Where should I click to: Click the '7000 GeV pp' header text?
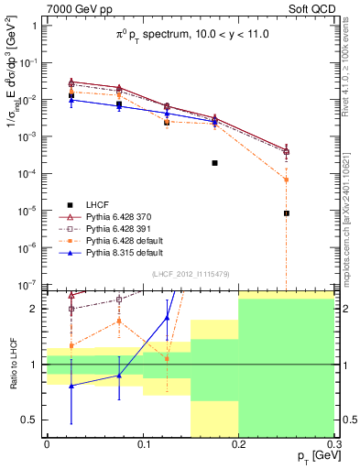(x=75, y=7)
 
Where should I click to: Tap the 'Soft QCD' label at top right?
(x=308, y=7)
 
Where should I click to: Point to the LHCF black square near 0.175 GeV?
(x=214, y=162)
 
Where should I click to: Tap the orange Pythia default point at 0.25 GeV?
(x=287, y=180)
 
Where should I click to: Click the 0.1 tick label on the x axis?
(x=142, y=444)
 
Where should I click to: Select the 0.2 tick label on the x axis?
(x=238, y=444)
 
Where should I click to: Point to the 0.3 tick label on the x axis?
(x=333, y=444)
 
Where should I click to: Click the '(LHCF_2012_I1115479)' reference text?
(x=191, y=274)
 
